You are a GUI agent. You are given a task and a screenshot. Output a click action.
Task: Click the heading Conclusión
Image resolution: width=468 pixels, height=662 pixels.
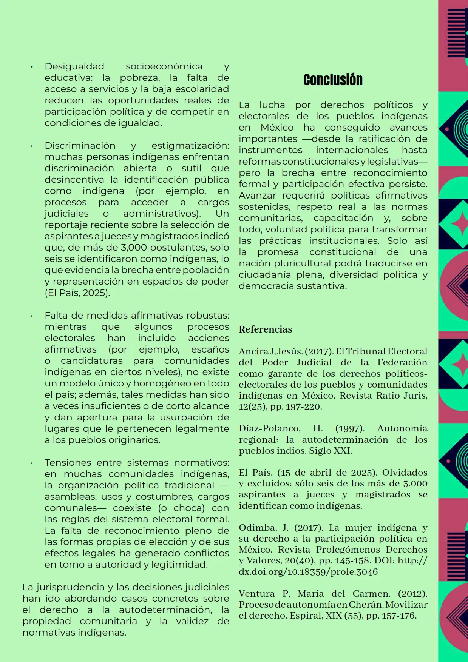pos(333,80)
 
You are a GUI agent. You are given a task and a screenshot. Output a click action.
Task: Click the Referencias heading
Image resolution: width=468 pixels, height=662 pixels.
pos(265,329)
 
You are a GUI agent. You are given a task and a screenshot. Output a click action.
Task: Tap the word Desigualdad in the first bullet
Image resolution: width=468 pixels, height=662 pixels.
pos(74,66)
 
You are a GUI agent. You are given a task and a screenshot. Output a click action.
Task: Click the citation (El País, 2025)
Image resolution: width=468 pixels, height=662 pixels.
pos(77,293)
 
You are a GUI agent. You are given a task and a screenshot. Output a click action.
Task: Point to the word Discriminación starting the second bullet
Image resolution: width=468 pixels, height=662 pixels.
pos(80,146)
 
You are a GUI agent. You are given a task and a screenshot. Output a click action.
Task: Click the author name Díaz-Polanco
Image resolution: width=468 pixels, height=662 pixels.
pos(269,428)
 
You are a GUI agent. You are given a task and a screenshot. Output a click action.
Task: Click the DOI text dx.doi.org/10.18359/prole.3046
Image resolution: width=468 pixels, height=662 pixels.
pos(308,572)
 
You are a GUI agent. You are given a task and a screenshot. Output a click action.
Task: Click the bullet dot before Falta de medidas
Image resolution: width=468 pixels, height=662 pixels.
pos(32,316)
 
